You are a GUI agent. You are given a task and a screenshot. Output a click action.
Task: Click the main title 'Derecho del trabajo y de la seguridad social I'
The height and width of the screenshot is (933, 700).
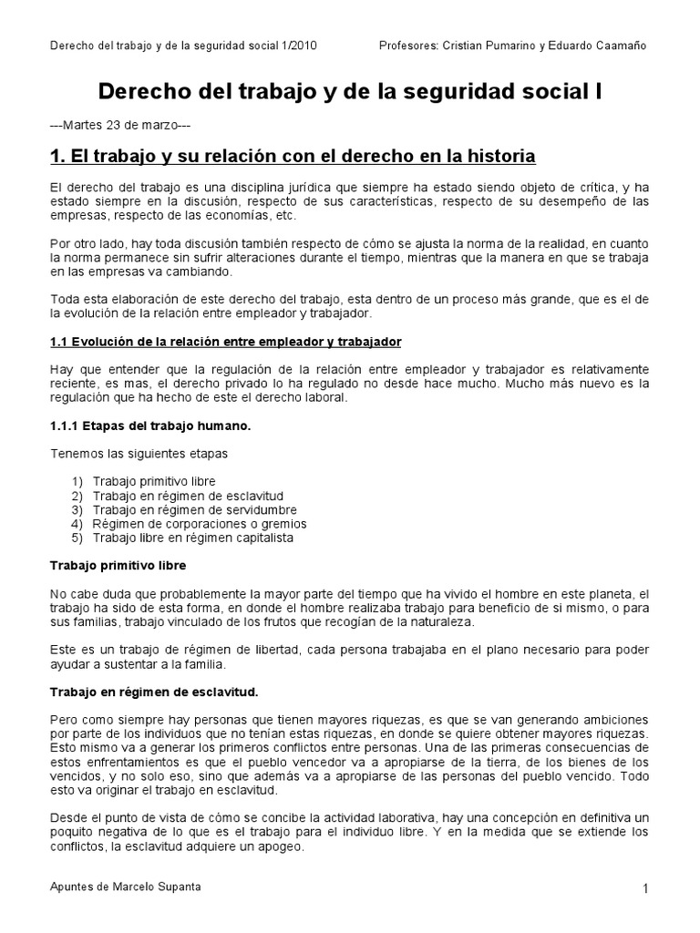(x=349, y=92)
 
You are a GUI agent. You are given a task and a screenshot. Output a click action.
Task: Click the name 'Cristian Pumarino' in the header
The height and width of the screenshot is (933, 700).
(x=484, y=46)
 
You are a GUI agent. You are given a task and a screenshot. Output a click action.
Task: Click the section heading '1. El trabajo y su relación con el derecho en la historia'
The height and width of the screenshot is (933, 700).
(x=292, y=156)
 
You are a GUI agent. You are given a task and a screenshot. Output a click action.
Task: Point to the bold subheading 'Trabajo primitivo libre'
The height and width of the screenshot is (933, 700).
(x=117, y=566)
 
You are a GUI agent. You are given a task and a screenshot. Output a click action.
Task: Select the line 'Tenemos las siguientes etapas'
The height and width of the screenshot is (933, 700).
(x=139, y=453)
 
